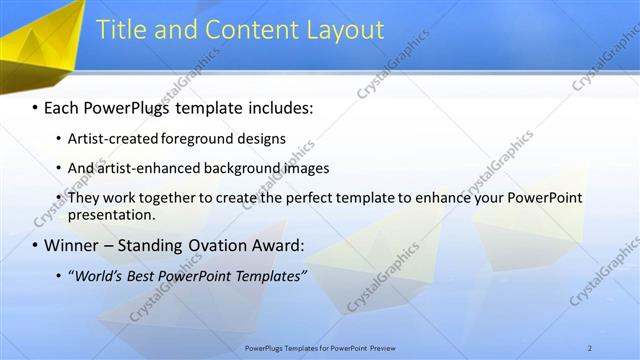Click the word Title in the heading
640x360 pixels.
120,30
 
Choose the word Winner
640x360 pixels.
72,245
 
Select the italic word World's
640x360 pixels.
104,275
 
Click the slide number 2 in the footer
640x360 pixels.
590,347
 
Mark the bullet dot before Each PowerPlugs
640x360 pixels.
35,106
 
